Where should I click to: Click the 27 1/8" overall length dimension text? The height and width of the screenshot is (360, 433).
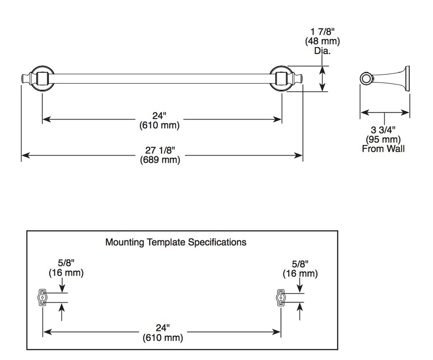tap(160, 150)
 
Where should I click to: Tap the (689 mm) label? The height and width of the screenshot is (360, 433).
tap(160, 160)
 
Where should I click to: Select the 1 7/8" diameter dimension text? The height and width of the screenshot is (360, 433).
tap(323, 32)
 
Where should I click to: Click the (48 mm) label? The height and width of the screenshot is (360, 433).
tap(323, 41)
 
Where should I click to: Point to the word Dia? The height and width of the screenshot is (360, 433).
tap(322, 51)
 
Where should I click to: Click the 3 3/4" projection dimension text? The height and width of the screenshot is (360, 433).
tap(383, 130)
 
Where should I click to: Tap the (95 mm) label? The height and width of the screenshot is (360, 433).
tap(383, 139)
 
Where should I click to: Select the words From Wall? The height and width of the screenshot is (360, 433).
tap(383, 149)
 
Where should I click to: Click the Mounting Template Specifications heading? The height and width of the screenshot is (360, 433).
tap(176, 242)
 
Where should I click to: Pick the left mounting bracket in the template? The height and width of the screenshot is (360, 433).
tap(42, 297)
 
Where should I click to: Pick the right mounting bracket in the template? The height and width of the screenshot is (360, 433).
tap(281, 297)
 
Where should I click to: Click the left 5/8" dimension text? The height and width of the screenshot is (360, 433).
tap(66, 263)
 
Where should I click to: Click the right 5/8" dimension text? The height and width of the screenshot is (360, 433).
tap(300, 264)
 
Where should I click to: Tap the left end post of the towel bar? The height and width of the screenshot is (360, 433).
tap(42, 78)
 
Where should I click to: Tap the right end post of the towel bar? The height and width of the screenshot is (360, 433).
tap(281, 78)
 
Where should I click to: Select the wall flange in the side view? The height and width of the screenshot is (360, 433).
tap(407, 78)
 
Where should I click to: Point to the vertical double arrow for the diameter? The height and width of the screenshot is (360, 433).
tap(322, 79)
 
